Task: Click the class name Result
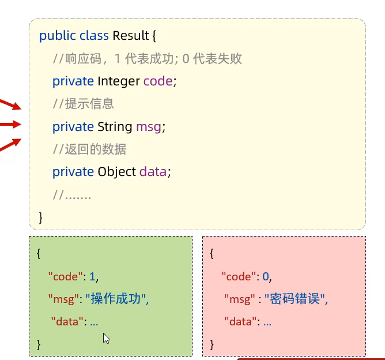[131, 36]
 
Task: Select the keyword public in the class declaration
[57, 36]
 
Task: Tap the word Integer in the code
[119, 81]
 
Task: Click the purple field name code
[158, 81]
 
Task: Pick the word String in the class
[115, 126]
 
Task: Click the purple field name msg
[148, 126]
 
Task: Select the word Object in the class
[117, 171]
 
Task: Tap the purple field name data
[153, 171]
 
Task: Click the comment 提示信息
[83, 104]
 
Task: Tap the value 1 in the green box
[92, 276]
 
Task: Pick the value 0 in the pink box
[266, 276]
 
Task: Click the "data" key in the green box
[69, 321]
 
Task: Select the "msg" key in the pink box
[239, 299]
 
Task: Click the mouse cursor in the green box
[106, 338]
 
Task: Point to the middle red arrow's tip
[21, 123]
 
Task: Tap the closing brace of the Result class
[41, 217]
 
